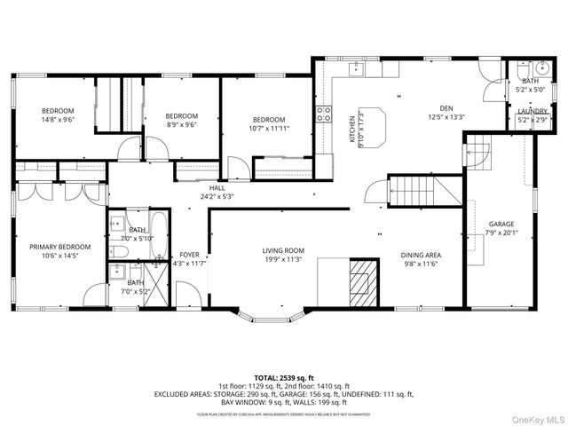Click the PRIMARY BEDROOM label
[x=60, y=247]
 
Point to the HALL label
[x=217, y=187]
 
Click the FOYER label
[x=190, y=254]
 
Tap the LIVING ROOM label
[x=283, y=250]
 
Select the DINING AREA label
[x=422, y=255]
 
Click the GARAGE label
[x=501, y=224]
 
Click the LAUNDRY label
[x=532, y=110]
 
